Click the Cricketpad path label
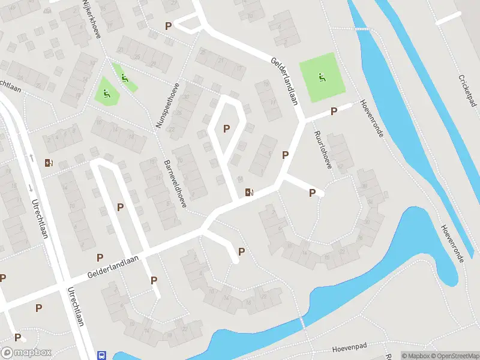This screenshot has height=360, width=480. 467,95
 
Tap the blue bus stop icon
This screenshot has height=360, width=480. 101,355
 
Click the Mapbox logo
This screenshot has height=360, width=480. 26,353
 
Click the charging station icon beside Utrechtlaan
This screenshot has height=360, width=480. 49,163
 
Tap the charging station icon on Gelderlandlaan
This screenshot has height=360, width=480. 249,192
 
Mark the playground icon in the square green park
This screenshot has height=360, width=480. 323,77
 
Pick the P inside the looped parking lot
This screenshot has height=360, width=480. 227,128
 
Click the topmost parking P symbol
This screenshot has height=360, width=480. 169,26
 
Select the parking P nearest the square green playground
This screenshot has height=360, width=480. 334,112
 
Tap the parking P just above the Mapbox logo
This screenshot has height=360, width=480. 17,337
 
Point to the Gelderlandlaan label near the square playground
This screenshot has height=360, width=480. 284,82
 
